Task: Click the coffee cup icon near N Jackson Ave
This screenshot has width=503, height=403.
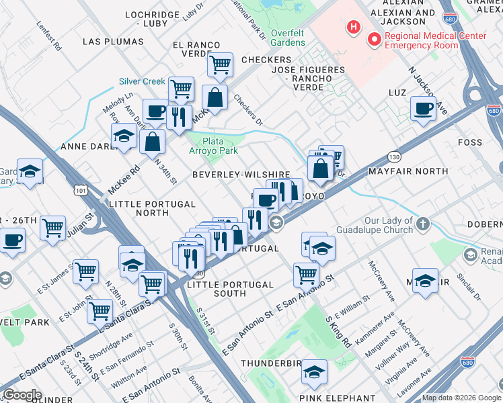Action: [x=423, y=109]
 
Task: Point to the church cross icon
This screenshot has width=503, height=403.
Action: [x=422, y=224]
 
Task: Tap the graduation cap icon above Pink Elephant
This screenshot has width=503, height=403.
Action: [x=314, y=372]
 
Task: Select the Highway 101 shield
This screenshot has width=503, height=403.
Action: [x=81, y=191]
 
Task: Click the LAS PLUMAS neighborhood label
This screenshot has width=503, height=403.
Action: [x=112, y=42]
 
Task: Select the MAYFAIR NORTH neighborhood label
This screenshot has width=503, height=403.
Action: [x=408, y=171]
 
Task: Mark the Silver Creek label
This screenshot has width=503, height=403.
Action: [x=142, y=81]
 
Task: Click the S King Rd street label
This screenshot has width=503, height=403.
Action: [x=339, y=332]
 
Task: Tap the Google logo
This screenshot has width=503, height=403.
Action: [x=22, y=395]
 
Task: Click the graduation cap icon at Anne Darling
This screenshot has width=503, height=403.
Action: [x=124, y=136]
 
